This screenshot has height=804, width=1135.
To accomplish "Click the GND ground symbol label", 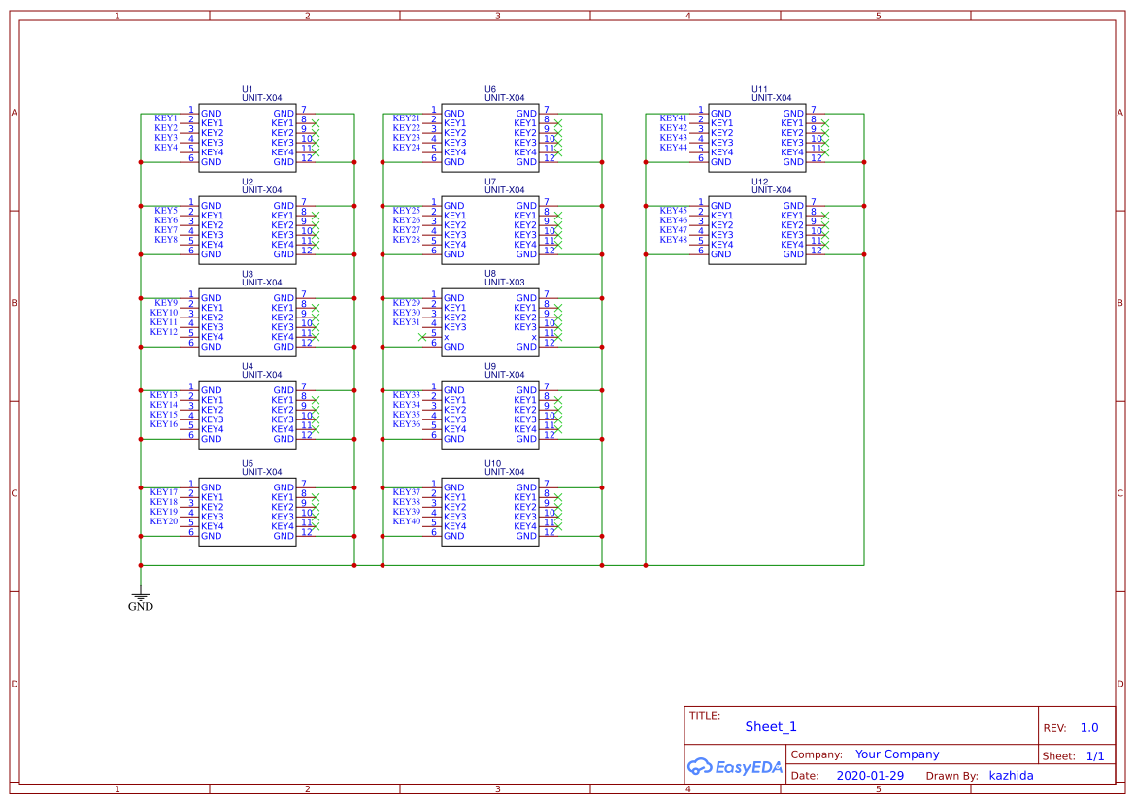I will (x=141, y=607).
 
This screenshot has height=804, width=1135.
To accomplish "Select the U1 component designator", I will (x=248, y=88).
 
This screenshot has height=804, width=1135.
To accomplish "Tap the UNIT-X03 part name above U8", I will (x=505, y=283).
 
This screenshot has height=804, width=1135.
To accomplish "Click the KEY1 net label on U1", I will (x=166, y=118).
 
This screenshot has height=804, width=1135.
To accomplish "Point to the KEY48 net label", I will (x=674, y=240).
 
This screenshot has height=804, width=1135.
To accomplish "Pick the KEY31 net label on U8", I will (x=407, y=322).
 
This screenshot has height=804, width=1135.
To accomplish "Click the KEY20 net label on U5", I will (x=164, y=521).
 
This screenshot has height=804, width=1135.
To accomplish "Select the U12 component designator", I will (x=759, y=181).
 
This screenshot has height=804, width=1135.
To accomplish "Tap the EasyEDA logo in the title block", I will (x=735, y=767).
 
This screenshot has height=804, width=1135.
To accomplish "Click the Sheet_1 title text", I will (x=771, y=726).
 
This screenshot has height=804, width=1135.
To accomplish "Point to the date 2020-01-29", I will (x=870, y=776).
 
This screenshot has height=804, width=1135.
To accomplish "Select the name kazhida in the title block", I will (x=1011, y=776).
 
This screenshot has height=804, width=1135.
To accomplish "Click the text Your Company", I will (x=897, y=754).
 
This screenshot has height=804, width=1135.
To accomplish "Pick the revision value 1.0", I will (x=1089, y=728).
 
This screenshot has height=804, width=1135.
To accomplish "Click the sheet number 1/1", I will (x=1094, y=755).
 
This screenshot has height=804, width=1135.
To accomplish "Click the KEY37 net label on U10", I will (x=407, y=492).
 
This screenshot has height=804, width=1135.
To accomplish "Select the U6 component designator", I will (x=490, y=88).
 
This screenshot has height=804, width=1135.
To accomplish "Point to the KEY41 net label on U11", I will (x=674, y=118).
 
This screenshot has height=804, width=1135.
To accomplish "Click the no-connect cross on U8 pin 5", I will (x=421, y=336).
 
